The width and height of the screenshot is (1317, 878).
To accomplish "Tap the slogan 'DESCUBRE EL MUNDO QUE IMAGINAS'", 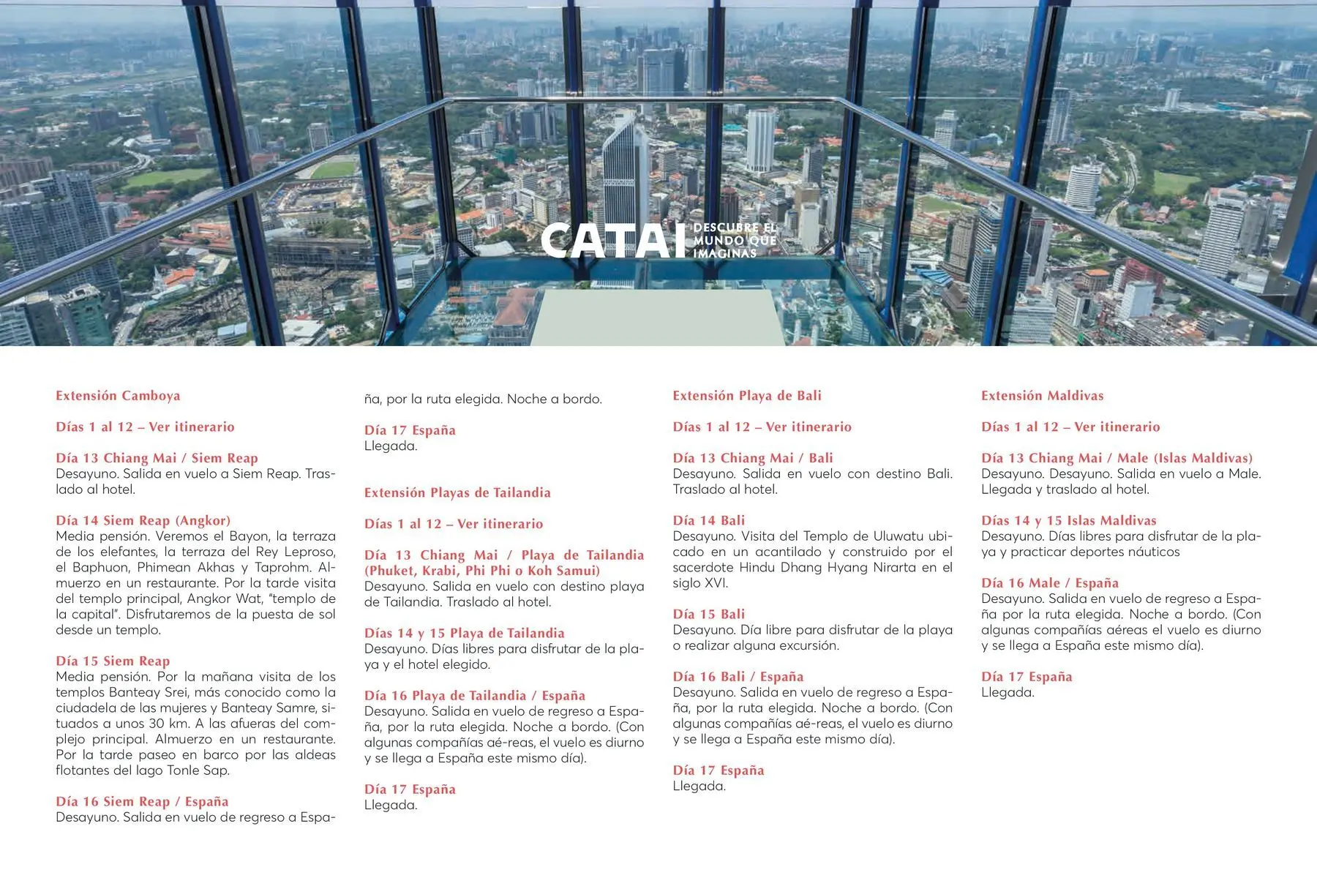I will point(734,241).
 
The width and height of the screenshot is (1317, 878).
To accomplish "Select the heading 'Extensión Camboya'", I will point(118,396).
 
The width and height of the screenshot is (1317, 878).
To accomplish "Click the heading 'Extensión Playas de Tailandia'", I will point(457,492).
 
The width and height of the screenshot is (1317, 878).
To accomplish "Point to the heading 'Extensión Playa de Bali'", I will point(747,396).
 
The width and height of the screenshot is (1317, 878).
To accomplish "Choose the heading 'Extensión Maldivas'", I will point(1042,396).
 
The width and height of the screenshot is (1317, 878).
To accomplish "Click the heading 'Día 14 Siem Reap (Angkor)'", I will point(143,520).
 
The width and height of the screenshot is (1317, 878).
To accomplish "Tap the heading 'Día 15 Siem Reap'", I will point(113,661).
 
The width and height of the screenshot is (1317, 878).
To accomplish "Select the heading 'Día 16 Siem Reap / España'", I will point(142,801).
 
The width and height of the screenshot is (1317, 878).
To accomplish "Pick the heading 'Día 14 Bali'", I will point(708,520).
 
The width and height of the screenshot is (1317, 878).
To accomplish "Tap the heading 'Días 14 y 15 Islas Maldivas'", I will point(1068,520).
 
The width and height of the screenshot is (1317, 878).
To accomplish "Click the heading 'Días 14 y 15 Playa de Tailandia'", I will point(464,633).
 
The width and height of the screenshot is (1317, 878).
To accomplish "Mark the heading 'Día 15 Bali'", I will point(708,614).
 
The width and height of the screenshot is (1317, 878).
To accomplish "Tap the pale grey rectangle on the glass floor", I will point(656,317).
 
